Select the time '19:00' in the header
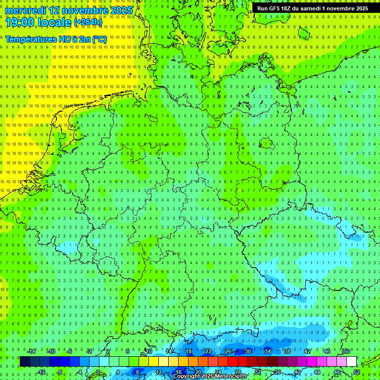click(19, 23)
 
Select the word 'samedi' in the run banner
click(320, 8)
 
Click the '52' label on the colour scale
click(356, 372)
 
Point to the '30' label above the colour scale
click(247, 351)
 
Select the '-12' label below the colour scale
click(42, 372)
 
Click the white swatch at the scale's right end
click(351, 362)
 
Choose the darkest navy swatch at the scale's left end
click(25, 362)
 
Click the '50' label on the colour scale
click(346, 351)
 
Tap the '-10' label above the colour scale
click(51, 351)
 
